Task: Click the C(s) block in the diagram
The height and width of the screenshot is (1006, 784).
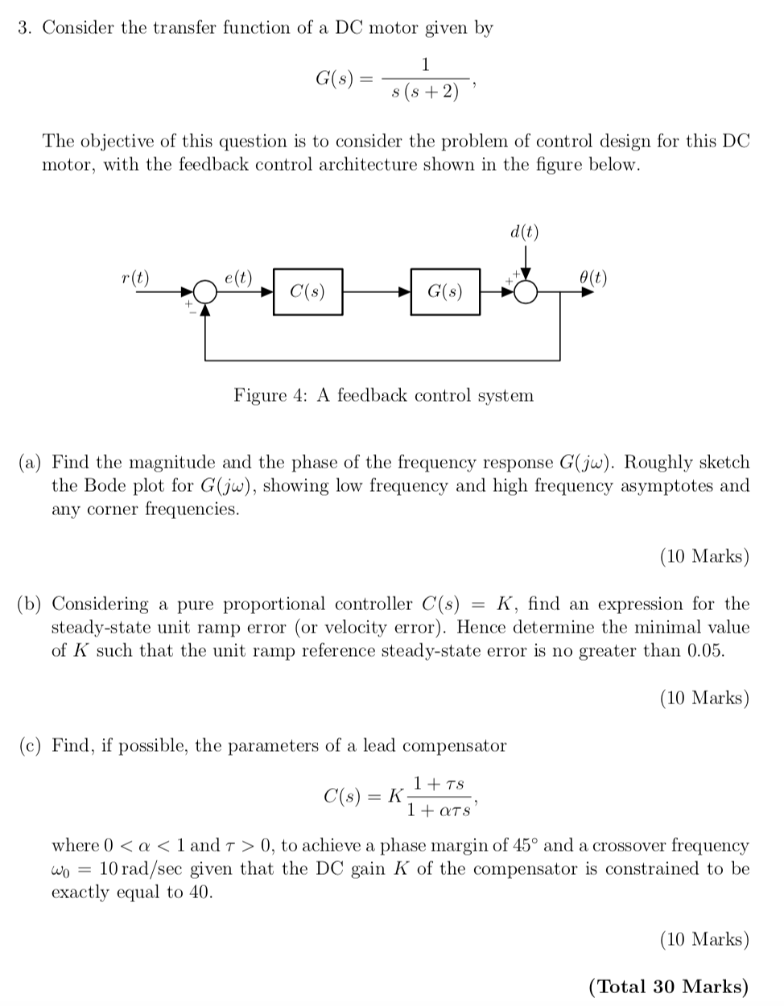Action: (307, 291)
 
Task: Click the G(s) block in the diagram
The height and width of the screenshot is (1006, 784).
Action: (444, 291)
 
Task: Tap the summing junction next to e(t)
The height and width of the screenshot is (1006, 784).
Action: (207, 292)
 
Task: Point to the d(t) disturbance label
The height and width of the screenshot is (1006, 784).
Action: (525, 233)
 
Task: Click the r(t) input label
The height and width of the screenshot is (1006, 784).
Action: (134, 278)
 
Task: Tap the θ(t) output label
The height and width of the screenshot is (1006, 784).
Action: (593, 278)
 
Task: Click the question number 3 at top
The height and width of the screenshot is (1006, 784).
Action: (24, 28)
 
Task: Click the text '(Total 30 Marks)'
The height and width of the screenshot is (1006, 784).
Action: (668, 987)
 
